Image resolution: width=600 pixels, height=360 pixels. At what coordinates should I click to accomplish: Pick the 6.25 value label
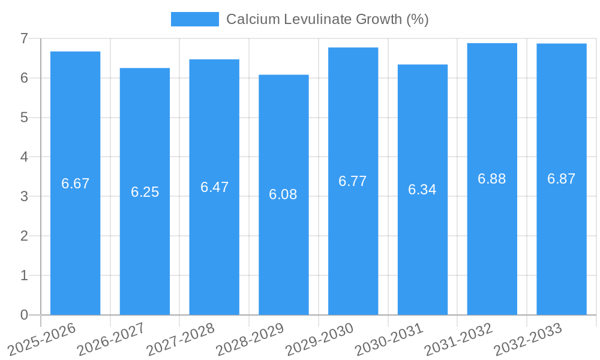point(145,192)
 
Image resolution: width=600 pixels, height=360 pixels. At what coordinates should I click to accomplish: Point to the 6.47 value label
point(215,187)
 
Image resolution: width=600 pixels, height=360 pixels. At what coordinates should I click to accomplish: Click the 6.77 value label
point(353,181)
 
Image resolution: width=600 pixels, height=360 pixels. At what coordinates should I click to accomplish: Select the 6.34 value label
point(422,190)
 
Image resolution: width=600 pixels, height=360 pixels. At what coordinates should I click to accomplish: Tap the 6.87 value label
point(562,179)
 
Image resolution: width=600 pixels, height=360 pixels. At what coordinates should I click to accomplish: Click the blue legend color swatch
point(195,19)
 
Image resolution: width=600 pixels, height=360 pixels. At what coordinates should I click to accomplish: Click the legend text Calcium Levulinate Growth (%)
point(327,19)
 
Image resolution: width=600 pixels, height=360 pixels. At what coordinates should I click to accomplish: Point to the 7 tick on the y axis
point(25,38)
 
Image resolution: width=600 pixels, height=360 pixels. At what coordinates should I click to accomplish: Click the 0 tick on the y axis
point(25,315)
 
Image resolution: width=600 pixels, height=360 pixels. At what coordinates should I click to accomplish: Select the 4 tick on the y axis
point(25,157)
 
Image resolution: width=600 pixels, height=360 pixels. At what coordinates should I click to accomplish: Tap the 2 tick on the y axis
point(25,236)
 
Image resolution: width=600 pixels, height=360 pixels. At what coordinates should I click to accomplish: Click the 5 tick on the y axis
point(25,118)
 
